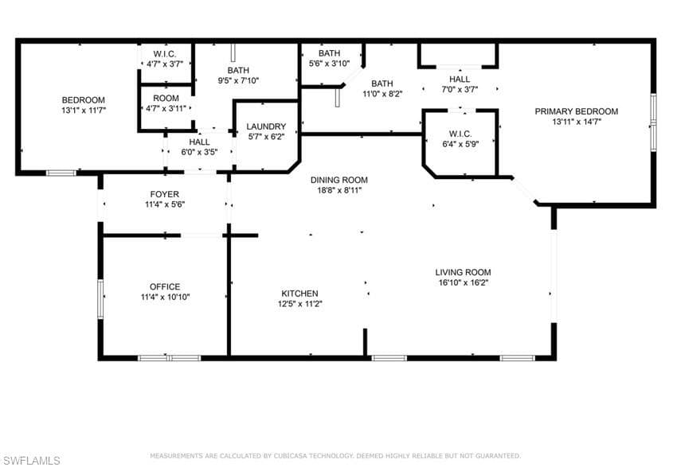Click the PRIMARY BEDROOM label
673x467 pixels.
[577, 111]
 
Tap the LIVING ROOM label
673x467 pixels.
[463, 272]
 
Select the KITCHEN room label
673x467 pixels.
[299, 294]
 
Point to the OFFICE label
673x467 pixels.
[165, 287]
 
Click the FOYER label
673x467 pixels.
[165, 195]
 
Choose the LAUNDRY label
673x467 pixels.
[266, 126]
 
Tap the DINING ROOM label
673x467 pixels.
[339, 180]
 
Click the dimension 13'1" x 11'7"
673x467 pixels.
[84, 111]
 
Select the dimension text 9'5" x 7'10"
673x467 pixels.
[238, 80]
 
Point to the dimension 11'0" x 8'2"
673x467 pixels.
[382, 94]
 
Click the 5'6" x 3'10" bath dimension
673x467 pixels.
[329, 64]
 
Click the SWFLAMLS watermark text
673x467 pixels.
[30, 461]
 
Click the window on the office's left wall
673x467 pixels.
[100, 299]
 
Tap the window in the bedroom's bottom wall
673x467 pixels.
[61, 173]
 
